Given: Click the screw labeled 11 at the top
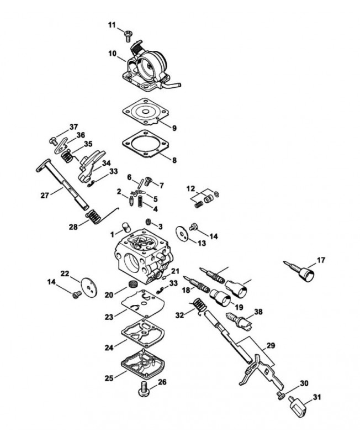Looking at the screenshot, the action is tap(128, 35).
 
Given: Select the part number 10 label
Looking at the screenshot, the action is tap(113, 53).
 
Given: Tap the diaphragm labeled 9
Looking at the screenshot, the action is tap(145, 112).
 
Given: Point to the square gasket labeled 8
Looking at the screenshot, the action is tap(145, 144).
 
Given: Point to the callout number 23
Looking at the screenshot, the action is tap(109, 317).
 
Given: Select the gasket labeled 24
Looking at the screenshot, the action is tap(143, 334).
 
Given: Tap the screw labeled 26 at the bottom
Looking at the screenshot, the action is tap(144, 389).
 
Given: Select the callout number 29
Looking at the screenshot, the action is tap(271, 346).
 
